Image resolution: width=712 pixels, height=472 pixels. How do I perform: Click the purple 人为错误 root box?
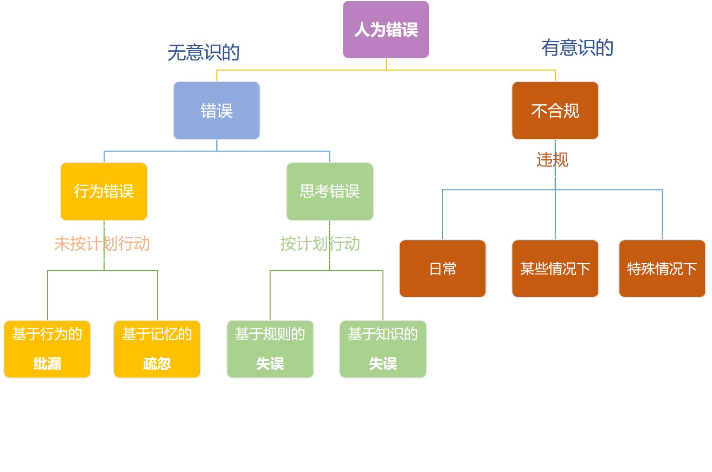[x=386, y=30]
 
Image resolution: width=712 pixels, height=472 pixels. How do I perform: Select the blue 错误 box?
[x=216, y=111]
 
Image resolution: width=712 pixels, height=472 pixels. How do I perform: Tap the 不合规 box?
[x=555, y=111]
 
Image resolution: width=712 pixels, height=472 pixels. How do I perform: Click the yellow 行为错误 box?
[x=104, y=191]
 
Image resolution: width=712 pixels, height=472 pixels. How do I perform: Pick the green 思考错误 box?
[x=330, y=191]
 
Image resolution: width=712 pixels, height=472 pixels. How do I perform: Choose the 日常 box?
[x=442, y=269]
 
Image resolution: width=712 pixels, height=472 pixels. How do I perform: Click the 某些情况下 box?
[x=555, y=269]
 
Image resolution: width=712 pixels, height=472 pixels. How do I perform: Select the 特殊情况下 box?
[x=662, y=269]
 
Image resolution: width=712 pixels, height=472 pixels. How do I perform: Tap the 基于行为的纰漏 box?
[x=47, y=349]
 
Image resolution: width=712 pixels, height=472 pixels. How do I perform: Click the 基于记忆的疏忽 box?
[x=157, y=349]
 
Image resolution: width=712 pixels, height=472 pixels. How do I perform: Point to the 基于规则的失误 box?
[x=270, y=349]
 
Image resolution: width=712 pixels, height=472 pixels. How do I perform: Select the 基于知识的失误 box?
[x=383, y=349]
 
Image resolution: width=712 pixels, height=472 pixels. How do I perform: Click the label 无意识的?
[x=203, y=52]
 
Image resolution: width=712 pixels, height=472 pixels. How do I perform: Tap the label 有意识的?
[x=577, y=47]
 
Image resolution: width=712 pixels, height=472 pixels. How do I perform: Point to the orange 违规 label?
[x=552, y=160]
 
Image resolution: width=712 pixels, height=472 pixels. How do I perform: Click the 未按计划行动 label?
[x=102, y=244]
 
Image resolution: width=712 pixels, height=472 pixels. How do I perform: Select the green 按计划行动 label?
[x=320, y=244]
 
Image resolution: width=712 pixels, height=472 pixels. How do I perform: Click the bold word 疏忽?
[x=157, y=364]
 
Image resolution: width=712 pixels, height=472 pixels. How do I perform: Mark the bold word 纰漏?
[x=47, y=364]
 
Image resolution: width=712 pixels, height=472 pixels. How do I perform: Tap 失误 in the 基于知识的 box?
[x=383, y=364]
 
